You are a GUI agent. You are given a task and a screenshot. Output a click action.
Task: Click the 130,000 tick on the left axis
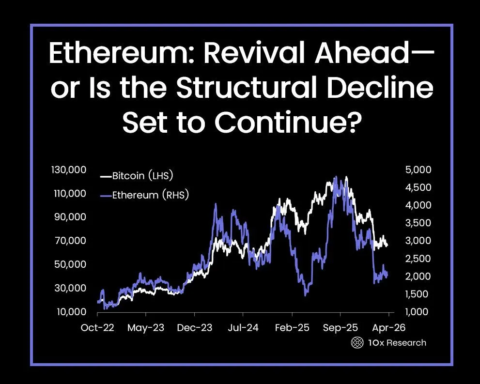click(68, 170)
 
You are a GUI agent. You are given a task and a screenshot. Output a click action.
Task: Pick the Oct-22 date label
click(98, 328)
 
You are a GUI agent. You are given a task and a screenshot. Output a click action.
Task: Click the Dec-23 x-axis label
click(194, 328)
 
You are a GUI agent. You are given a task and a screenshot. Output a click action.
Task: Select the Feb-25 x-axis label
click(292, 328)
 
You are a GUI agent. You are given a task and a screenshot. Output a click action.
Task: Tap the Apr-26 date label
click(388, 328)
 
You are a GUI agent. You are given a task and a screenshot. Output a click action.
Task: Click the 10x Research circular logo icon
click(357, 343)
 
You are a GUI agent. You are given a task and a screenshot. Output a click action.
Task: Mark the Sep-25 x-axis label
click(340, 328)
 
